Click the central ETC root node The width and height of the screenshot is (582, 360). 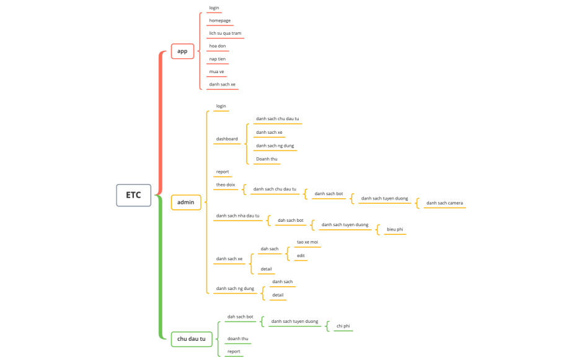coord(133,195)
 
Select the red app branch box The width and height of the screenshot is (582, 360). coord(182,51)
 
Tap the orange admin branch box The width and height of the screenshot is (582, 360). coord(185,202)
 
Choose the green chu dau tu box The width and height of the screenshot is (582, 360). coord(192,339)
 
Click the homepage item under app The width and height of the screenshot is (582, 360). coord(219,20)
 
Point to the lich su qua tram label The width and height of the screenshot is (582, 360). coord(225,33)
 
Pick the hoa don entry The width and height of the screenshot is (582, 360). coord(217,46)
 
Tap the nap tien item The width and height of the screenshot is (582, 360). coord(217,59)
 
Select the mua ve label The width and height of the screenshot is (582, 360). coord(216,72)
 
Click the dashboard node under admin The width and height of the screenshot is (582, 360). coord(227,139)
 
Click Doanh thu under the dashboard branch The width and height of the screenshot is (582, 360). coord(267,159)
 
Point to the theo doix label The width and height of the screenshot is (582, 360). coord(225,185)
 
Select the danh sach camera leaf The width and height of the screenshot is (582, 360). coord(444,203)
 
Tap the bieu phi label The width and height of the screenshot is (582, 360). coord(395,229)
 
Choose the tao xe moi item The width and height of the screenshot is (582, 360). coord(307,242)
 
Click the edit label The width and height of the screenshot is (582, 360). coord(301,255)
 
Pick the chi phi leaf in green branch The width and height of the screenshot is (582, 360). coord(343,326)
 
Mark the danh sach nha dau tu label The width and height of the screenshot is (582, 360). coord(237,216)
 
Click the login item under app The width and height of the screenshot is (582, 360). coord(214,8)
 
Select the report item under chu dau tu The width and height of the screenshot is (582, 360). coord(234,351)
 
